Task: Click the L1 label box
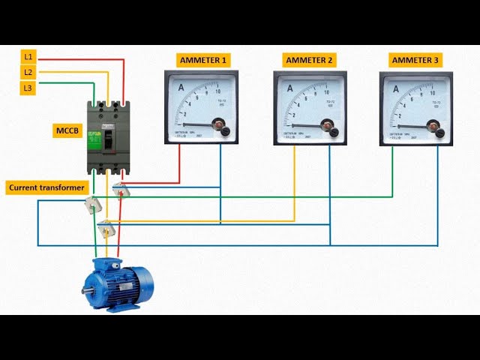tap(28, 56)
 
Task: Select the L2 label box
tap(28, 72)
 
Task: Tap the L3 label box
tap(28, 88)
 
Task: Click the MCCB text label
tap(65, 132)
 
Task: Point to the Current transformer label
tap(47, 187)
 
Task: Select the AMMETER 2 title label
tap(310, 59)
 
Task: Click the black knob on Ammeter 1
tap(225, 131)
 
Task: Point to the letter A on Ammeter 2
tap(289, 88)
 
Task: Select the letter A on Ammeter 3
tap(396, 88)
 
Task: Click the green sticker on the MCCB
tap(95, 138)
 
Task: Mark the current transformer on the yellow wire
tap(106, 227)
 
